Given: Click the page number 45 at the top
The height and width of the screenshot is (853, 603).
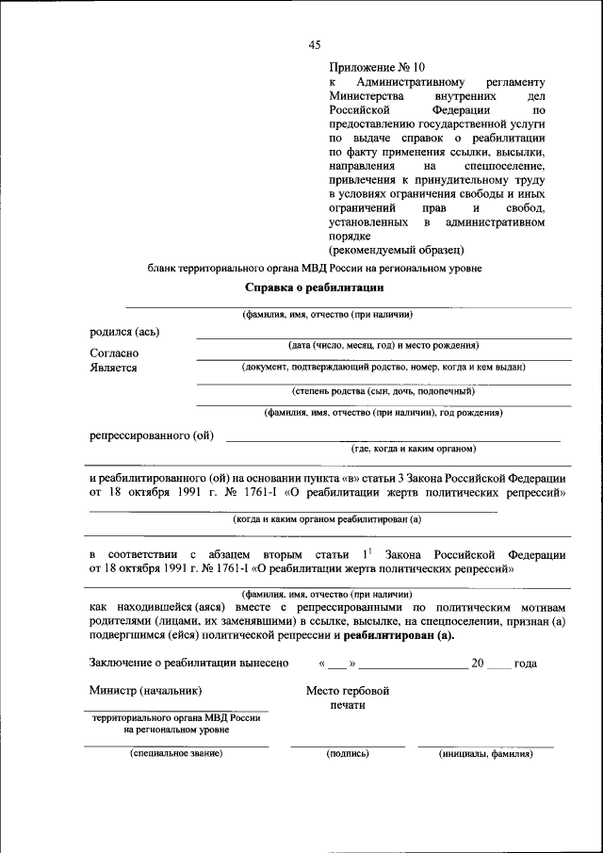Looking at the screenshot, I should point(315,44).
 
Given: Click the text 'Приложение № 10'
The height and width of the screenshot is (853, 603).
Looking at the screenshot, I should point(377,67).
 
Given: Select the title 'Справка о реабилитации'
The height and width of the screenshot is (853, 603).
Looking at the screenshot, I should point(314,287).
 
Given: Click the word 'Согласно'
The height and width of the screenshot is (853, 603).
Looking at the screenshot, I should point(114,353).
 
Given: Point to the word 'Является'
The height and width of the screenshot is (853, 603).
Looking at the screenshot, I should point(113,368).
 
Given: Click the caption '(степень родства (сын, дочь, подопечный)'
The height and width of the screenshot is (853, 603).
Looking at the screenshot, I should point(383,390).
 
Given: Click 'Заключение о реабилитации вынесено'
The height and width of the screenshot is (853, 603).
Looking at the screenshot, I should point(188,664).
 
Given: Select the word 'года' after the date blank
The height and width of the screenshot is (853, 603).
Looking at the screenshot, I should point(526,664).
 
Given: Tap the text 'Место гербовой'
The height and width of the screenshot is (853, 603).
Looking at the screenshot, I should point(348,691).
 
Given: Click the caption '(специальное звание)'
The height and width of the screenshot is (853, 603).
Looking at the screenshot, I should point(175,754).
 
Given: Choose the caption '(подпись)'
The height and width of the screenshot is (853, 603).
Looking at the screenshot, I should point(347,754).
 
